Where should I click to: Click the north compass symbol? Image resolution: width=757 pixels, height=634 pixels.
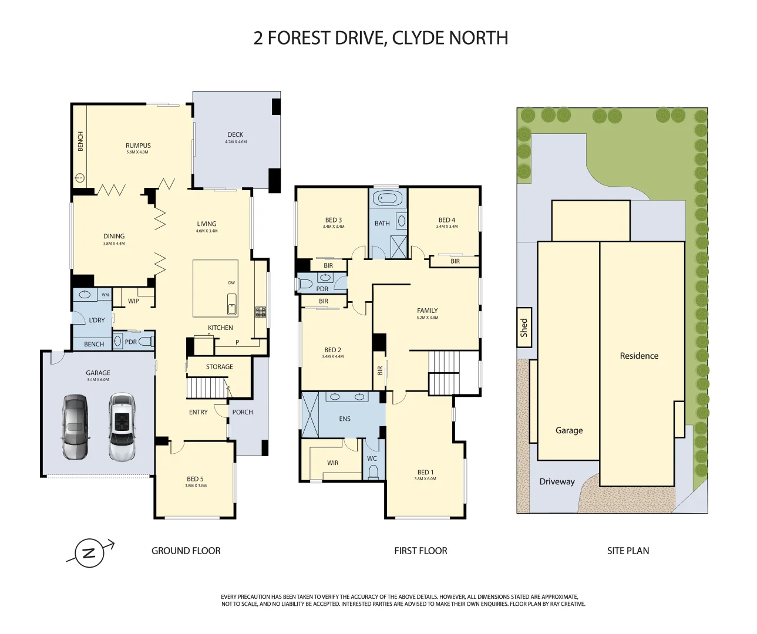(x=89, y=553)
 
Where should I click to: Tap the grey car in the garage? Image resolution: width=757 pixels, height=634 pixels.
(x=75, y=427)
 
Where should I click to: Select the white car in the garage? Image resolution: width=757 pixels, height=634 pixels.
(x=122, y=427)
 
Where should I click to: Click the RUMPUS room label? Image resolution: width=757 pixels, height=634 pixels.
(x=138, y=146)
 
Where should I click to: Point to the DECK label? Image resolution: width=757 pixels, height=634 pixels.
(x=235, y=135)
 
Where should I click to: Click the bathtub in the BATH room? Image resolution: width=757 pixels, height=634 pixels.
(x=388, y=198)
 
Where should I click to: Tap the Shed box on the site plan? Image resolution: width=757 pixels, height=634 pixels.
(x=524, y=327)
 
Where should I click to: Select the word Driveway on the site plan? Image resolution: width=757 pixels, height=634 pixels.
(x=557, y=482)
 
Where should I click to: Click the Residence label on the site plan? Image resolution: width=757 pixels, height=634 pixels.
(x=639, y=356)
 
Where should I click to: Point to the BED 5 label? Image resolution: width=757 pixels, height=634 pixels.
(x=195, y=479)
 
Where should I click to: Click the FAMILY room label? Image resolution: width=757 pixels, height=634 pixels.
(x=427, y=311)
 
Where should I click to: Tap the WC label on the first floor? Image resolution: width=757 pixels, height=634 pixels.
(x=372, y=458)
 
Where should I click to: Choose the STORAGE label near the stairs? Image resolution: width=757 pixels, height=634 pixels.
(x=219, y=367)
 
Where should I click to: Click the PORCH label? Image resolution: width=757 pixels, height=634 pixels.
(x=243, y=412)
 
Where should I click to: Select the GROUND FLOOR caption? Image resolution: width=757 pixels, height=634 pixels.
(x=186, y=551)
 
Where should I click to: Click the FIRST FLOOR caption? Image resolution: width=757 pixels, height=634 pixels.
(x=420, y=551)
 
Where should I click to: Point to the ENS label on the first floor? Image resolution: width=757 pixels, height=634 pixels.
(x=345, y=419)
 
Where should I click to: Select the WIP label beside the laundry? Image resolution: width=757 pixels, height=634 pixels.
(x=134, y=301)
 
